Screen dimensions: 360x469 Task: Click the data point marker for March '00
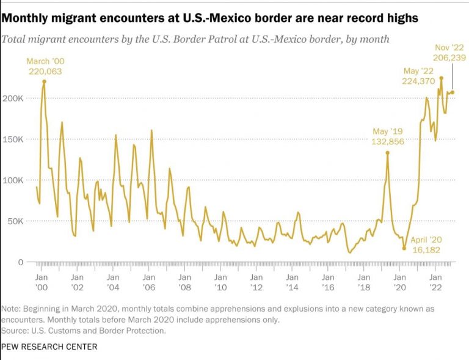(44, 81)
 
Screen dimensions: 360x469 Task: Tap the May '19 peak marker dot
(387, 153)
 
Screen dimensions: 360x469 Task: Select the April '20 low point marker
(404, 248)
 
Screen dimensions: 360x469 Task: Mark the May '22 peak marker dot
(441, 78)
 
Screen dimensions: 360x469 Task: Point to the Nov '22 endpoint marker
(453, 92)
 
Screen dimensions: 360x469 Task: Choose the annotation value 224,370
(419, 80)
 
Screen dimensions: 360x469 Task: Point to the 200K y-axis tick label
(13, 98)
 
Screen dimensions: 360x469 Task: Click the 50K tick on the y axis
(15, 221)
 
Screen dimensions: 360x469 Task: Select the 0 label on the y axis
(20, 262)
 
